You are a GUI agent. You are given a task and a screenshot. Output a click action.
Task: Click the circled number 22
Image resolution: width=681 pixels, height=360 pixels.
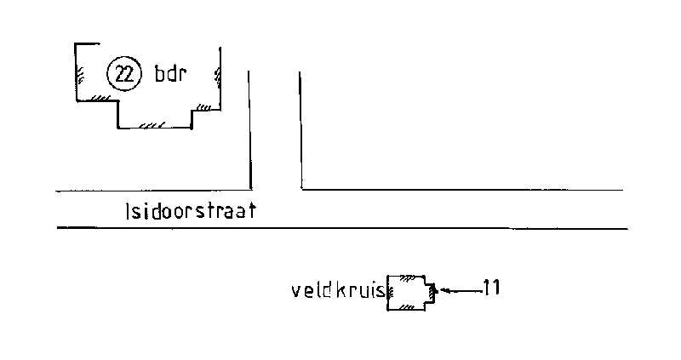click(124, 74)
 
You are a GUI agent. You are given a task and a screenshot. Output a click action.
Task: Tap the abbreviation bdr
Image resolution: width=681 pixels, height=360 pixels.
click(170, 73)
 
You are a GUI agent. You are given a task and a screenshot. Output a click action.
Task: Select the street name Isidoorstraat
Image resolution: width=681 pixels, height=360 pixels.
click(191, 211)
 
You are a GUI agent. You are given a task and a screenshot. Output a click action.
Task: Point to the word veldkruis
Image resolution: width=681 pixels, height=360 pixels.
click(338, 290)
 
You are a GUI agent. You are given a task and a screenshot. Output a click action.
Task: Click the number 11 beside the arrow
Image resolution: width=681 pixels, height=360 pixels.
click(492, 288)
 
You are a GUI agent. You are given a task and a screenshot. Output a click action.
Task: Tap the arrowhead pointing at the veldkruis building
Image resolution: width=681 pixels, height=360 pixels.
click(444, 289)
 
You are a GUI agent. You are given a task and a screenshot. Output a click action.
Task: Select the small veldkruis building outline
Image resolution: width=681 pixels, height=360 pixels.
click(411, 293)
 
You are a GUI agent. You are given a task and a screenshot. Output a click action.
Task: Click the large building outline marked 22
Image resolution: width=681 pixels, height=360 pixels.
click(147, 86)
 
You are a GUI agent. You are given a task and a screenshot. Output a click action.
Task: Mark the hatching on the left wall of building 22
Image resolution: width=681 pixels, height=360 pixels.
click(80, 75)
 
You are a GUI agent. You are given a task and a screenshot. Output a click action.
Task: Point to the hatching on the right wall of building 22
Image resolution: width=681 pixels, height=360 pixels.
click(217, 77)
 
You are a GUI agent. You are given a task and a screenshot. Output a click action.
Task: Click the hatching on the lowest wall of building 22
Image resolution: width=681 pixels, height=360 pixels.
click(152, 125)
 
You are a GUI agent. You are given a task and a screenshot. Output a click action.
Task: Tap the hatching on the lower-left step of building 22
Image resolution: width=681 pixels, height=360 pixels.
click(100, 98)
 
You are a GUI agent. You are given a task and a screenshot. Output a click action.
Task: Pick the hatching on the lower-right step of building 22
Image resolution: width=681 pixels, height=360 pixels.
click(203, 107)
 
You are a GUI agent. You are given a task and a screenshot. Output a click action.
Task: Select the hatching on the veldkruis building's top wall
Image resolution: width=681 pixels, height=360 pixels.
click(407, 278)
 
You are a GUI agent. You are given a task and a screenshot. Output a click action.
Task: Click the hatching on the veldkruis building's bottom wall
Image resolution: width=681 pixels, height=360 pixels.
click(406, 307)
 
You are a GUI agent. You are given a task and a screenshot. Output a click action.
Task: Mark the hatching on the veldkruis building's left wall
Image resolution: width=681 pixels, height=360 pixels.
click(390, 293)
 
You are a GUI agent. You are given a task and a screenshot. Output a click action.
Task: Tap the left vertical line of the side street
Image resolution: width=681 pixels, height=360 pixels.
click(249, 130)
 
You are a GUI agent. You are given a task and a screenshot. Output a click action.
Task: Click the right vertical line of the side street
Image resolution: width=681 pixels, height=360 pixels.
click(300, 130)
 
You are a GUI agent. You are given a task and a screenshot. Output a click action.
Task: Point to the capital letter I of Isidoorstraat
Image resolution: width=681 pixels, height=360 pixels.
click(127, 211)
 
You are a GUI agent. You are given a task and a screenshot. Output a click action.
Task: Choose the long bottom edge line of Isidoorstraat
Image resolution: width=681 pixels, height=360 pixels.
click(342, 227)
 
